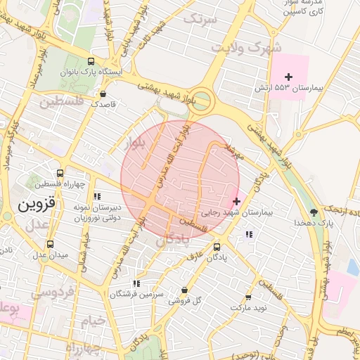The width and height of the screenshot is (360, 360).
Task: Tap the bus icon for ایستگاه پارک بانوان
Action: point(90,61)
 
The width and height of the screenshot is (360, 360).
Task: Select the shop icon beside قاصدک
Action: point(103,93)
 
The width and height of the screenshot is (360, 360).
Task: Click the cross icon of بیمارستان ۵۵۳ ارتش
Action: point(288,77)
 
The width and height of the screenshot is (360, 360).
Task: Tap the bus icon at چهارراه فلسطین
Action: point(59,172)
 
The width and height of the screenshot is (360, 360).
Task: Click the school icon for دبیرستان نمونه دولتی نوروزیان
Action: point(98,196)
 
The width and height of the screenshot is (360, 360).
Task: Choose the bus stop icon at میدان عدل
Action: point(49,244)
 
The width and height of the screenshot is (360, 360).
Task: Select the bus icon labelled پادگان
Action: point(217,247)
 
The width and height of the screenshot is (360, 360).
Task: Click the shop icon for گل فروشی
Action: point(184,290)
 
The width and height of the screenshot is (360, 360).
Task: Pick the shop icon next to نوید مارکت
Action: point(247,297)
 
